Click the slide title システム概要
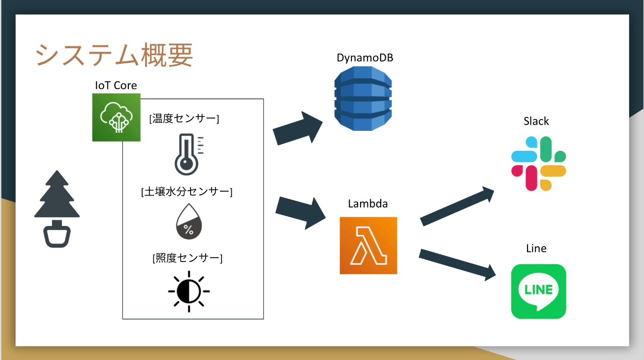point(114,55)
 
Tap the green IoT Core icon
point(116,117)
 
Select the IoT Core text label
point(116,85)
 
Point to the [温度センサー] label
point(184,119)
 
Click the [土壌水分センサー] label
point(187,192)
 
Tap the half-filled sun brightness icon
point(189,291)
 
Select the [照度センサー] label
point(188,258)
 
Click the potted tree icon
point(57,209)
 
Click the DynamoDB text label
point(365,58)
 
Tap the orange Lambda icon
point(368,245)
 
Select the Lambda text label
point(368,204)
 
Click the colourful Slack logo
point(538,163)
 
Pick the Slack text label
point(536,121)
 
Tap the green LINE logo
point(538,292)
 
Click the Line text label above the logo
point(536,248)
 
